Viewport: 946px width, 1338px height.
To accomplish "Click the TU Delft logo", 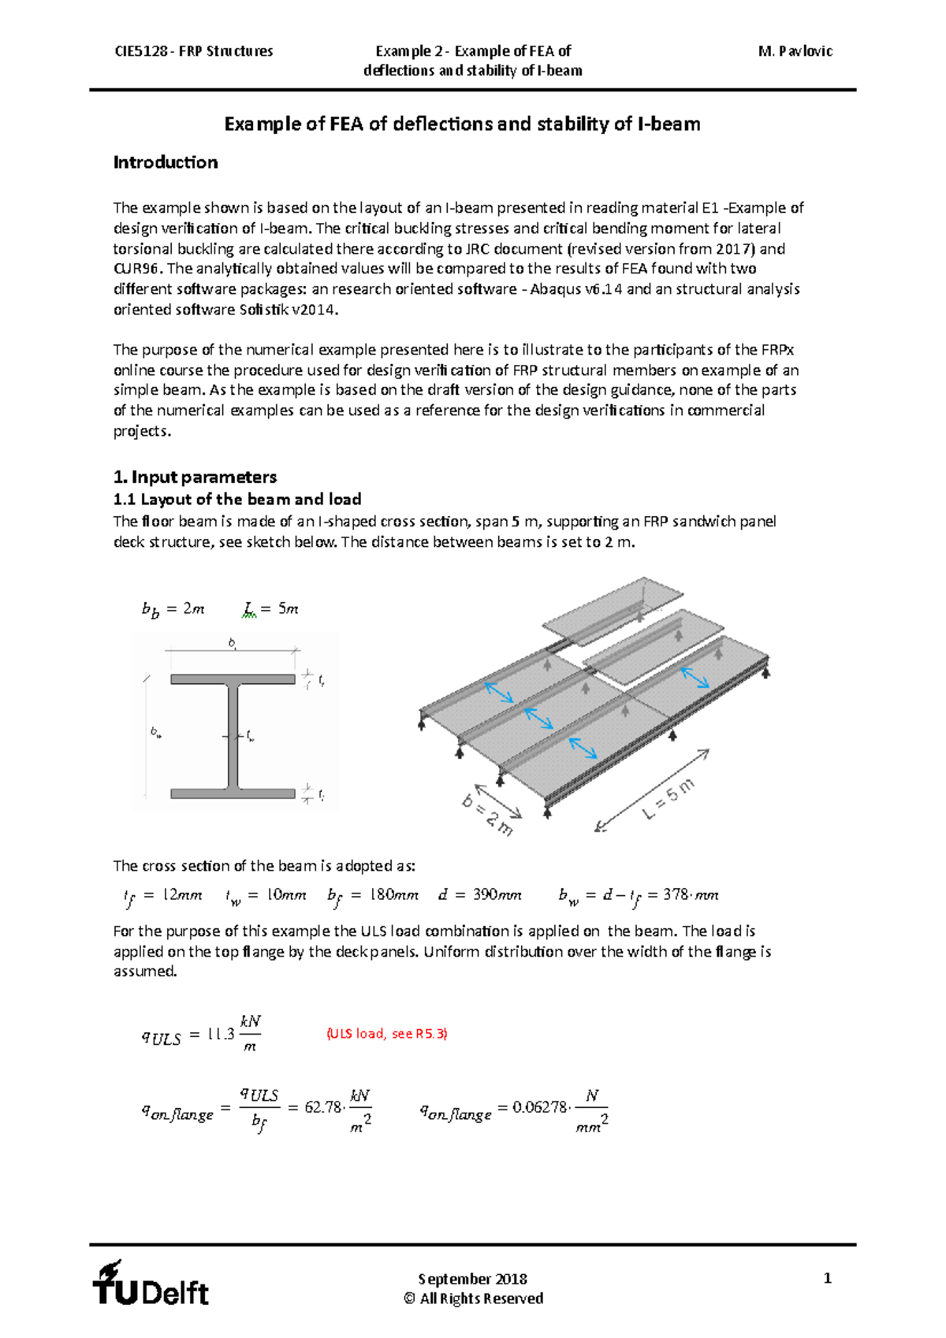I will click(x=150, y=1284).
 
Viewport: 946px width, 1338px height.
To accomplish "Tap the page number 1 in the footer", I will click(x=827, y=1278).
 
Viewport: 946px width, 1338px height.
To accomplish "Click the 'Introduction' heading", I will click(x=166, y=162).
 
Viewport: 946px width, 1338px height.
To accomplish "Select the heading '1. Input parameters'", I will click(x=195, y=477).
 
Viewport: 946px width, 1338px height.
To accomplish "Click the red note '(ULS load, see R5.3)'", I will click(x=386, y=1033).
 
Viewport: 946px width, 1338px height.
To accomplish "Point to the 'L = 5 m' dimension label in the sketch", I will click(x=668, y=798).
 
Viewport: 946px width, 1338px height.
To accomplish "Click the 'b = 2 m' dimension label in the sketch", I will click(x=487, y=815).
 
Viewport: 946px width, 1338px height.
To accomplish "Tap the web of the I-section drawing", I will click(x=233, y=734).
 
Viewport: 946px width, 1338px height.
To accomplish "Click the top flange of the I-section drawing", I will click(x=233, y=678).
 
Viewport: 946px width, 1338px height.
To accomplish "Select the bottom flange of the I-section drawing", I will click(x=233, y=794).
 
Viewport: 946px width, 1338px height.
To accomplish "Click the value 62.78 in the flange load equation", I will click(x=322, y=1107).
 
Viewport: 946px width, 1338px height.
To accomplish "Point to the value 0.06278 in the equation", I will click(x=539, y=1107).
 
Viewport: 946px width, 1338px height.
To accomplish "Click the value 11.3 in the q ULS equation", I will click(x=221, y=1035).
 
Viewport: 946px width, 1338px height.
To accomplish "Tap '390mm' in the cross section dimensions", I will click(x=497, y=894).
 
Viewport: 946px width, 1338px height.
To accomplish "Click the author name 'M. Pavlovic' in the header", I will click(x=795, y=51).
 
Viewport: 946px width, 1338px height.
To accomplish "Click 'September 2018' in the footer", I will click(x=472, y=1278).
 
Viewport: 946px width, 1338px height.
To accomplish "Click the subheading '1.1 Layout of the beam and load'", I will click(x=237, y=499).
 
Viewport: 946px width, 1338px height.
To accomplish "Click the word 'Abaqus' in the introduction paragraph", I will click(x=554, y=289).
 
